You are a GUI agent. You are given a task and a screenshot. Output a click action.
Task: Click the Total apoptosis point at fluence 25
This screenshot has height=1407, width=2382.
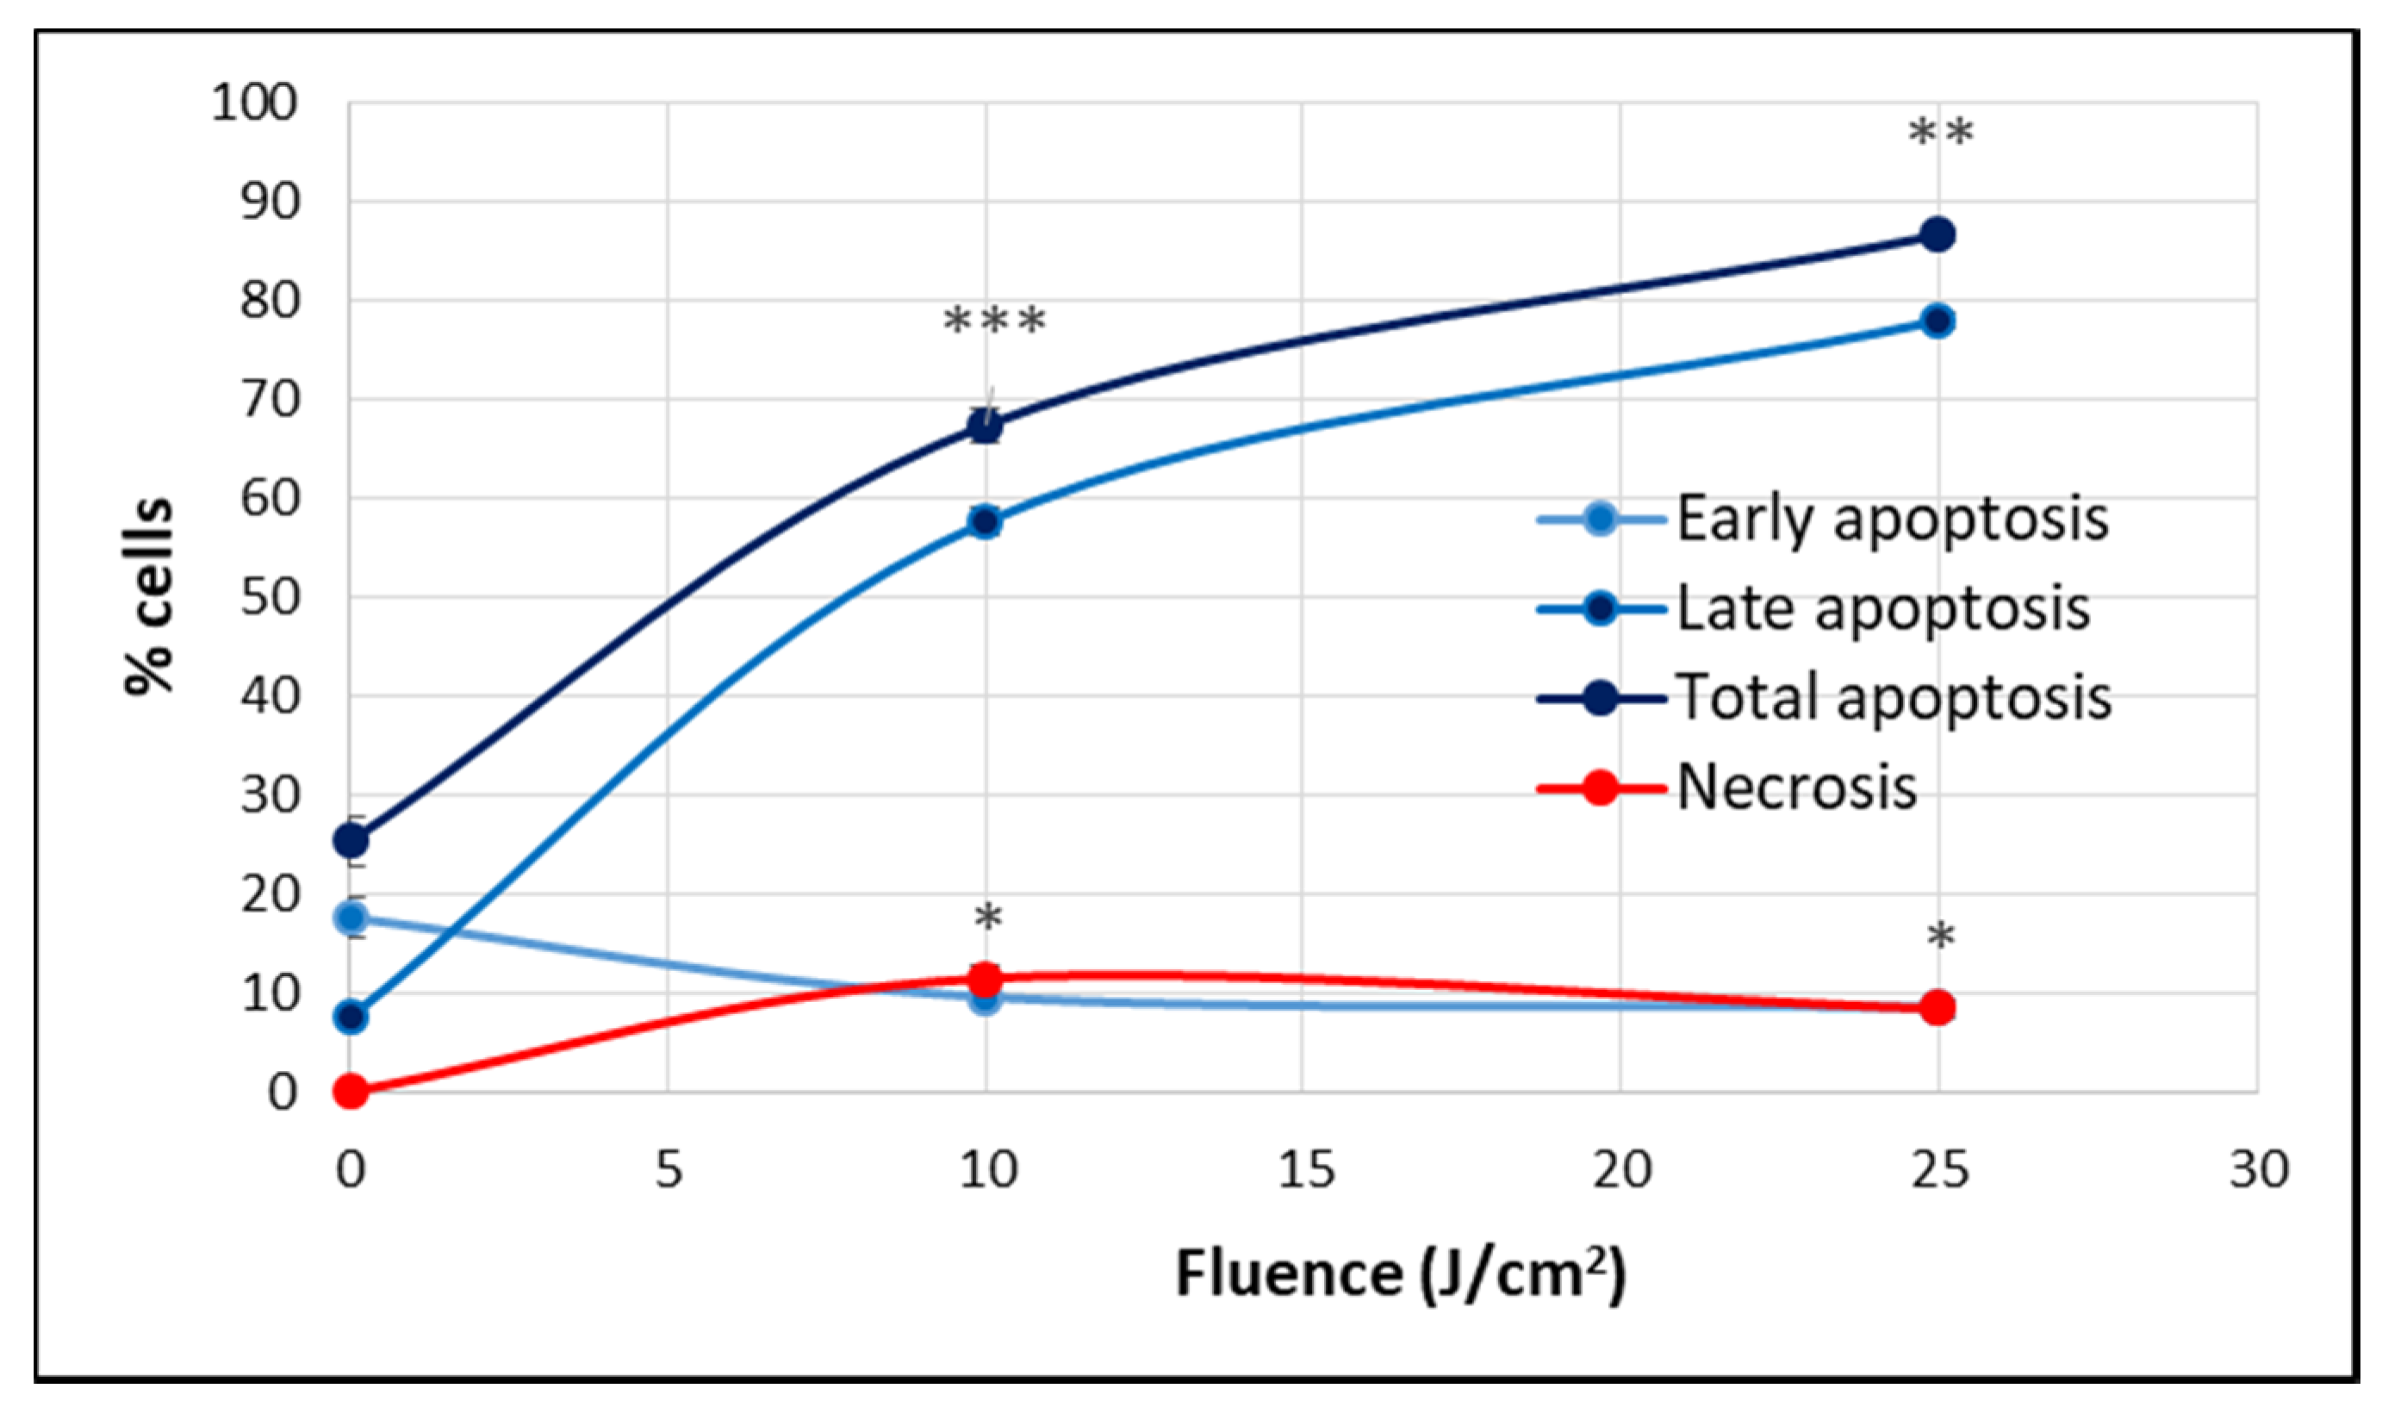click(1937, 234)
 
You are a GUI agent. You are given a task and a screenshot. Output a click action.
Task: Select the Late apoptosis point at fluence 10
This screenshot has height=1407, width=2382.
click(985, 521)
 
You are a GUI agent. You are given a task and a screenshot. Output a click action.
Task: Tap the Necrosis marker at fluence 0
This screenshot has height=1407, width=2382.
click(351, 1092)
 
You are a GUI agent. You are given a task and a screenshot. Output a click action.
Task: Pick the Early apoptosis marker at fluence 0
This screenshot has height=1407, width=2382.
click(351, 917)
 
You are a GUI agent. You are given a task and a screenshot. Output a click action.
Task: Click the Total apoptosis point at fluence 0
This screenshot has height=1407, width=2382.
click(351, 840)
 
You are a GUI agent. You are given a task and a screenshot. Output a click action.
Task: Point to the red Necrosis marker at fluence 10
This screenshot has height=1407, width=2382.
click(986, 978)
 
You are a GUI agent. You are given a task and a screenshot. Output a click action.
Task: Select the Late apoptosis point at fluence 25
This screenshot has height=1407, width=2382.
click(1937, 321)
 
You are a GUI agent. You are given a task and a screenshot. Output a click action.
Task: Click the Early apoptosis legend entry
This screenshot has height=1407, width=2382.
click(1892, 520)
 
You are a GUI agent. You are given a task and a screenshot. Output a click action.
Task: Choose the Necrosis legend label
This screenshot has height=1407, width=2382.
click(1796, 788)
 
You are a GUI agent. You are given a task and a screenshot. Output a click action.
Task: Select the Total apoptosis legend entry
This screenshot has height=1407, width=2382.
click(1894, 699)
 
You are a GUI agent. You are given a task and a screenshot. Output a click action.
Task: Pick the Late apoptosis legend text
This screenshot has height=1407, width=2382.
click(1882, 608)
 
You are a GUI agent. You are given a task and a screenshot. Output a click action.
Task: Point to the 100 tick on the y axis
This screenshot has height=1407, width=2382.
click(254, 103)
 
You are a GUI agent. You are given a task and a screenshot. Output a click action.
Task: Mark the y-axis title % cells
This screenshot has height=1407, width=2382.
click(150, 597)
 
